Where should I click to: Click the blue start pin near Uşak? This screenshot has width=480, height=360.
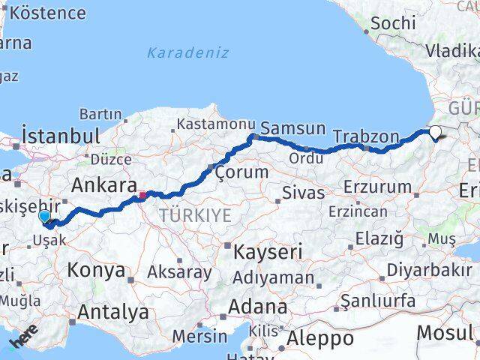click(45, 217)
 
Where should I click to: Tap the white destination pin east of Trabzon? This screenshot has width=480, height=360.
click(436, 133)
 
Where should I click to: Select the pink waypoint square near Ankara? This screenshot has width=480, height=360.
click(142, 196)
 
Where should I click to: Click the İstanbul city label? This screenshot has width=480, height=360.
click(61, 136)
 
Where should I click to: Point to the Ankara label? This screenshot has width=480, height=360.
click(103, 185)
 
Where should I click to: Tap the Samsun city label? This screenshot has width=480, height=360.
click(293, 128)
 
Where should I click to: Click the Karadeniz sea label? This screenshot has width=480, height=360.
click(187, 53)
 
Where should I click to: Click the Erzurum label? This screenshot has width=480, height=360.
click(376, 187)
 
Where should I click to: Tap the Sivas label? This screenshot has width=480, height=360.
click(303, 192)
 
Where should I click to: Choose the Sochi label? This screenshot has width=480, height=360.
click(393, 23)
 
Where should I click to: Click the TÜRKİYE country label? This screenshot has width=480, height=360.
click(195, 216)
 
